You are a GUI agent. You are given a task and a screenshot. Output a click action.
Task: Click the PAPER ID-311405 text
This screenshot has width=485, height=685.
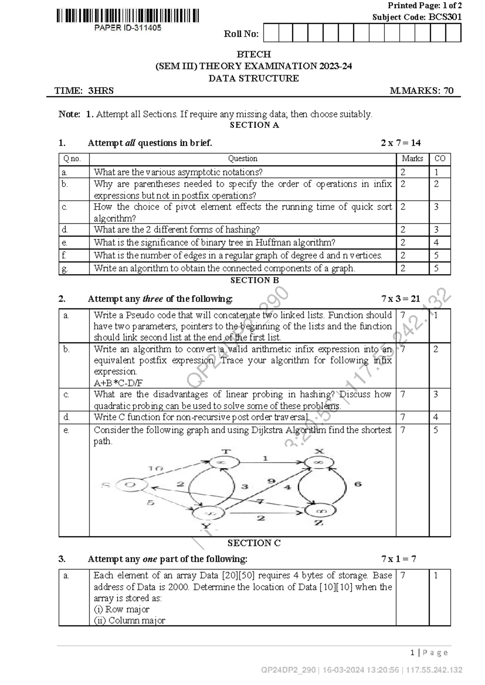[128, 28]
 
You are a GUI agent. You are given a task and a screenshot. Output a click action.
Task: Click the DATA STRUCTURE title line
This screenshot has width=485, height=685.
[253, 78]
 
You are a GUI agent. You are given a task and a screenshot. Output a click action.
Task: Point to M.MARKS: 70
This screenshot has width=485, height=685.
[422, 90]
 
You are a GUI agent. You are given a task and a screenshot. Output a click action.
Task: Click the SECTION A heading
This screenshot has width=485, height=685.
[254, 125]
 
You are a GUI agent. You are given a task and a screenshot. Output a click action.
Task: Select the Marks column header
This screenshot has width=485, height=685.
[412, 159]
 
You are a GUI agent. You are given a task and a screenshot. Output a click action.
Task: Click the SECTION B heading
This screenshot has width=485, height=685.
[254, 280]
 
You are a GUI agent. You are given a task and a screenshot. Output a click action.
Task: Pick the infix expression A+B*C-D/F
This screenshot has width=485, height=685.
[118, 383]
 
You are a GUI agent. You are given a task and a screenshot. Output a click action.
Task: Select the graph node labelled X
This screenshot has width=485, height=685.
[319, 461]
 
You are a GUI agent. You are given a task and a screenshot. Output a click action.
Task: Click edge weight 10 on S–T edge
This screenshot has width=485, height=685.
[156, 468]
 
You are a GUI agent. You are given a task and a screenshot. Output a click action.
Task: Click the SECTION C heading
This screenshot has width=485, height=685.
[254, 543]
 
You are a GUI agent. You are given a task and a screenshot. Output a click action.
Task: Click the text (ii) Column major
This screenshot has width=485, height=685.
[129, 620]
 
